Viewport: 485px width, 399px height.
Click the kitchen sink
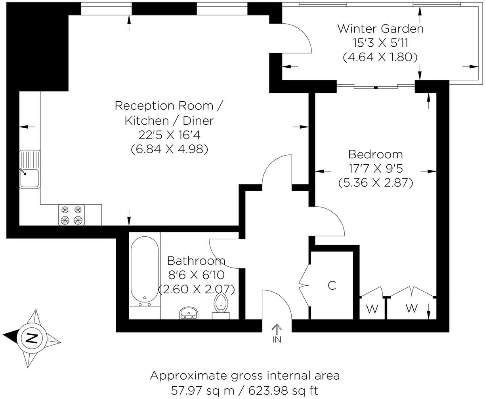point(30,170)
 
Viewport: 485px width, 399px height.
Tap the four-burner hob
point(72,215)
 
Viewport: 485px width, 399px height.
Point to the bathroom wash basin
point(189,313)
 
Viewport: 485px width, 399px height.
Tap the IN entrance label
point(276,339)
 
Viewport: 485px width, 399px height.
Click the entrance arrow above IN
point(276,329)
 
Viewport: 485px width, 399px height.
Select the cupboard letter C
point(332,285)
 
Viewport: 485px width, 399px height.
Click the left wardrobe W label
point(372,309)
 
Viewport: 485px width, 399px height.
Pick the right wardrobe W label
point(412,308)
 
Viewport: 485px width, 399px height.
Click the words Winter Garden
point(380,29)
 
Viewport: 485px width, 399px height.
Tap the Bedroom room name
point(375,154)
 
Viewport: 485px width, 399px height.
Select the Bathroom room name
point(196,261)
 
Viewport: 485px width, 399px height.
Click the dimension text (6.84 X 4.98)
point(169,149)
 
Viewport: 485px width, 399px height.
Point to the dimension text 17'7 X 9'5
point(375,169)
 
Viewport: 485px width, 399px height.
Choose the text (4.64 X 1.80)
point(380,57)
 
